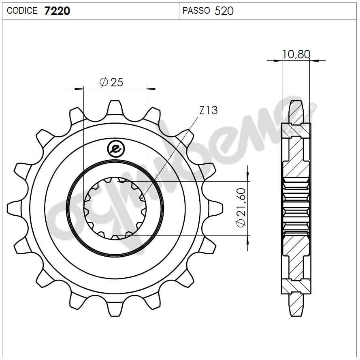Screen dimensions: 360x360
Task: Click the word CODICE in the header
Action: coord(22,11)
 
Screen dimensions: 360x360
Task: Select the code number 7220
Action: coord(57,11)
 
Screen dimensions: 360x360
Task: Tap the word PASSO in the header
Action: coord(196,11)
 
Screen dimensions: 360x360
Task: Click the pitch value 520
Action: coord(224,11)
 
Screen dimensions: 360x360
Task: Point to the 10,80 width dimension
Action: coord(296,54)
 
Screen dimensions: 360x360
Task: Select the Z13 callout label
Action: coord(209,110)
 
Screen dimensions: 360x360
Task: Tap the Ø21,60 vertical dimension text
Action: coord(241,208)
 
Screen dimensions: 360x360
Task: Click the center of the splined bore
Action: coord(115,208)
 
